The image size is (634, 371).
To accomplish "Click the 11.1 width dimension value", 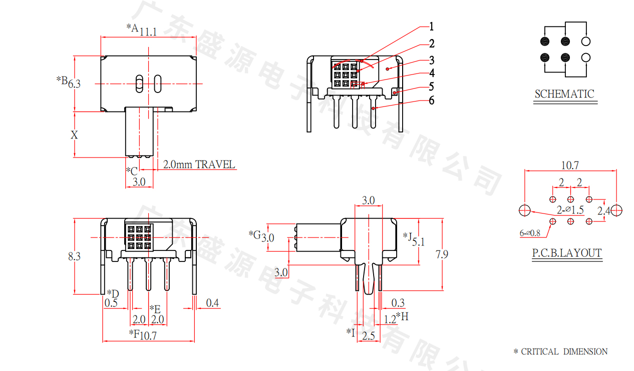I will tap(148, 31).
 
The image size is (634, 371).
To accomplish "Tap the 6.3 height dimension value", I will tap(74, 83).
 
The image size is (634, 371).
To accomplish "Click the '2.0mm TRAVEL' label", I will tap(199, 164).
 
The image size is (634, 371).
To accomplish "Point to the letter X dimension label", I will tap(74, 134).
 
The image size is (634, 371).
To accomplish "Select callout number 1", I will tap(431, 26).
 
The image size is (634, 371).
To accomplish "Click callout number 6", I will tap(431, 100).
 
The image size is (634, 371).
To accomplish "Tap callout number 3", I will tap(431, 60).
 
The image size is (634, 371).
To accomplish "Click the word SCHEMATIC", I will tap(564, 94).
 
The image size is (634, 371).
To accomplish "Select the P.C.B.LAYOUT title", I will tap(567, 253).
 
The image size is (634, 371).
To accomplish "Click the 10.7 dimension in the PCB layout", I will tap(570, 165).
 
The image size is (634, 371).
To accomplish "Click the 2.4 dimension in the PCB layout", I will tap(604, 210).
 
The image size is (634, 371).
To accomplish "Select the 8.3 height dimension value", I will tap(74, 256).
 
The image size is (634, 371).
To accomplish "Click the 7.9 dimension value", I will tap(442, 254).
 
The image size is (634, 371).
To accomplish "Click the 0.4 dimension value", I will tap(212, 302).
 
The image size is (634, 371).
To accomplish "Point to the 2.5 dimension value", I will tap(369, 335).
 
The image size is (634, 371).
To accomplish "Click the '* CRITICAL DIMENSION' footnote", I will tap(560, 351).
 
